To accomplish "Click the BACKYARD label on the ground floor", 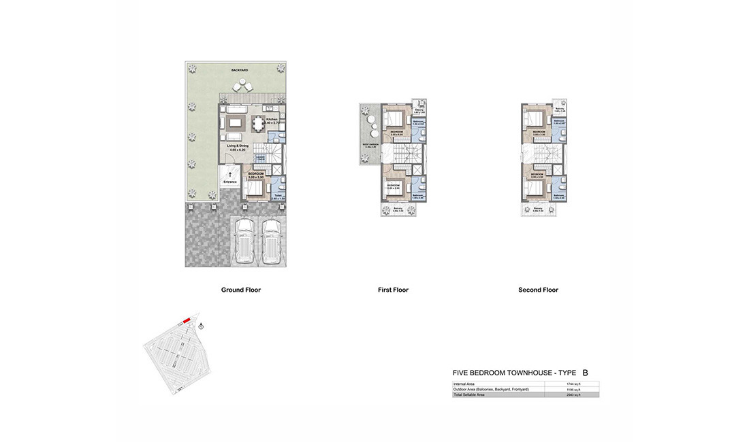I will click(x=238, y=70).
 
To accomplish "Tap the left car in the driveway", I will click(x=244, y=241).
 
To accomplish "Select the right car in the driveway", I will click(x=272, y=241).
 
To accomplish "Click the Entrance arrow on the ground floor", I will click(x=229, y=175).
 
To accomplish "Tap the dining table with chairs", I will click(x=259, y=124).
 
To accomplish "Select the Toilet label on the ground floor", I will click(x=278, y=194).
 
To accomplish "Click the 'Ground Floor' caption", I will click(x=241, y=290).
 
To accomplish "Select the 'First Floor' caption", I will click(x=393, y=290).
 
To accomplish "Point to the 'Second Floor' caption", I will click(x=538, y=290).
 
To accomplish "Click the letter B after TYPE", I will click(x=586, y=373).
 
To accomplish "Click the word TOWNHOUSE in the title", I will click(x=521, y=373).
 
